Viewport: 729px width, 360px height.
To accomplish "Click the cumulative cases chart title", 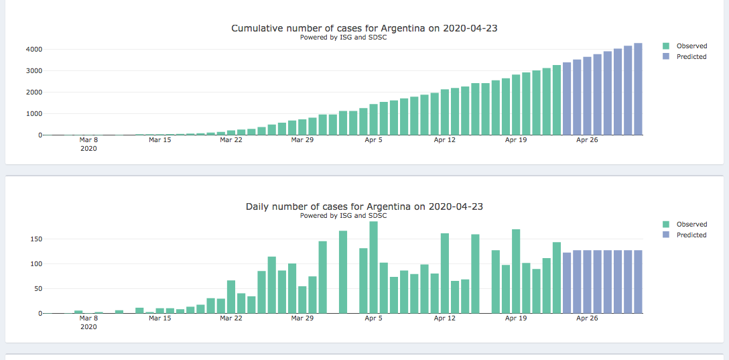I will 364,28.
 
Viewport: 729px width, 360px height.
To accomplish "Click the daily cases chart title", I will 364,206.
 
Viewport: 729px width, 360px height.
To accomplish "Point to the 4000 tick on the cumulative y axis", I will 34,50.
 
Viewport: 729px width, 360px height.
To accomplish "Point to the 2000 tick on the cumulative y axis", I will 34,93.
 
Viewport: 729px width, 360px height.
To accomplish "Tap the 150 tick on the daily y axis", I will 36,239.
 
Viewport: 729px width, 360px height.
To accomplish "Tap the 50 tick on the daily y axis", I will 38,289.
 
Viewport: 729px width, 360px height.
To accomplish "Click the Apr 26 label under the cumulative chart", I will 587,140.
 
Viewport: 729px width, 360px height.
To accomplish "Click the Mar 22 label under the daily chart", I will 230,318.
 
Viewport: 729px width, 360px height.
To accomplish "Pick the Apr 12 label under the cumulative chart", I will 445,140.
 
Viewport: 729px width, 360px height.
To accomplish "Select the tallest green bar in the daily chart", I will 373,267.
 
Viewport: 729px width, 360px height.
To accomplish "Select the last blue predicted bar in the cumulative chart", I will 638,89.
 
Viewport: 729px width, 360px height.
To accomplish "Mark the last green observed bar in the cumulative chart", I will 557,100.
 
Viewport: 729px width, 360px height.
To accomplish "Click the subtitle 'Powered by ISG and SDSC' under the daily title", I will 343,216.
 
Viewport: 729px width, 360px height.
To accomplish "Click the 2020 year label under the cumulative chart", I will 88,149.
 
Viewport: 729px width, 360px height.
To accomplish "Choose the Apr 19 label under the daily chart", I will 516,318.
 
